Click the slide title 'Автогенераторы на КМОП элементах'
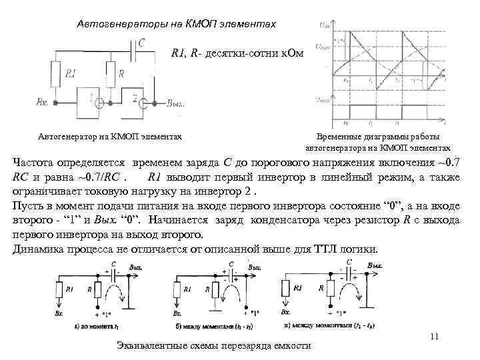pyautogui.click(x=177, y=23)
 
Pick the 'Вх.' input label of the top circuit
pyautogui.click(x=41, y=103)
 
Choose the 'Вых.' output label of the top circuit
pyautogui.click(x=175, y=103)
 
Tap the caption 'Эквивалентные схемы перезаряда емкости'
pyautogui.click(x=213, y=345)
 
